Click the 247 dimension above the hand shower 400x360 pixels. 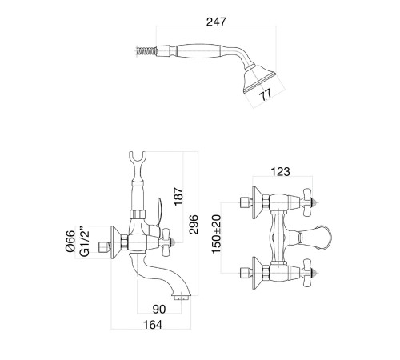tap(216, 22)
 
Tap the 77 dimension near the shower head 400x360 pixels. tap(266, 94)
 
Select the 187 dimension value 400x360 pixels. tap(178, 197)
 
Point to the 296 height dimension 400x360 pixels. tap(194, 225)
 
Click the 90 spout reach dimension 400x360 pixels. tap(159, 309)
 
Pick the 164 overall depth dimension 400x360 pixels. tap(153, 325)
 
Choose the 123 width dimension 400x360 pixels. tap(280, 172)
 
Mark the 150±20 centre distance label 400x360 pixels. tap(217, 234)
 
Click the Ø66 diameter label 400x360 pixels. tap(70, 242)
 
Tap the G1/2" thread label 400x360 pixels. tap(85, 242)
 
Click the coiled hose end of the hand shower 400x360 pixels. tap(146, 50)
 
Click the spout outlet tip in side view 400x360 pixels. tap(182, 297)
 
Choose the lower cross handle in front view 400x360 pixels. tap(309, 273)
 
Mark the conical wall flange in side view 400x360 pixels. tap(115, 242)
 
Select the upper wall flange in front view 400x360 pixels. tap(257, 202)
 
